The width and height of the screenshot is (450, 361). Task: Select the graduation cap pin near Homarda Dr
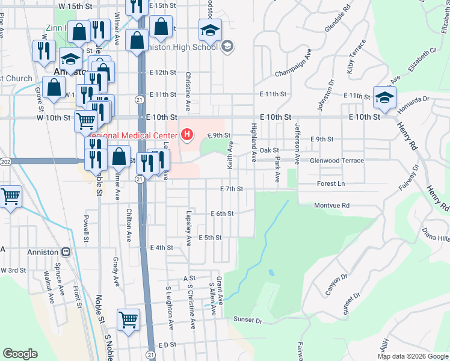[384, 97]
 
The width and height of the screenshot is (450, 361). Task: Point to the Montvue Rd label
[331, 205]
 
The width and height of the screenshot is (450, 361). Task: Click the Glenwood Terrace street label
[336, 161]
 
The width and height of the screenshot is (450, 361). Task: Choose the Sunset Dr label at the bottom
[248, 321]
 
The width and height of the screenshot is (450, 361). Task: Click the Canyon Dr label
[336, 285]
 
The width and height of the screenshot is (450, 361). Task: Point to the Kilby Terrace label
[355, 57]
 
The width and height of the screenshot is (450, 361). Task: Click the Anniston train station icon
[66, 252]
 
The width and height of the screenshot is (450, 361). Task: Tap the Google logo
[20, 354]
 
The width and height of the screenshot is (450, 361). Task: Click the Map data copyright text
[412, 356]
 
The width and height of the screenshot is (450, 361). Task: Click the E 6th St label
[221, 214]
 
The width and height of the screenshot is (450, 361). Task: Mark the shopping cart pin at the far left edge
[10, 196]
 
